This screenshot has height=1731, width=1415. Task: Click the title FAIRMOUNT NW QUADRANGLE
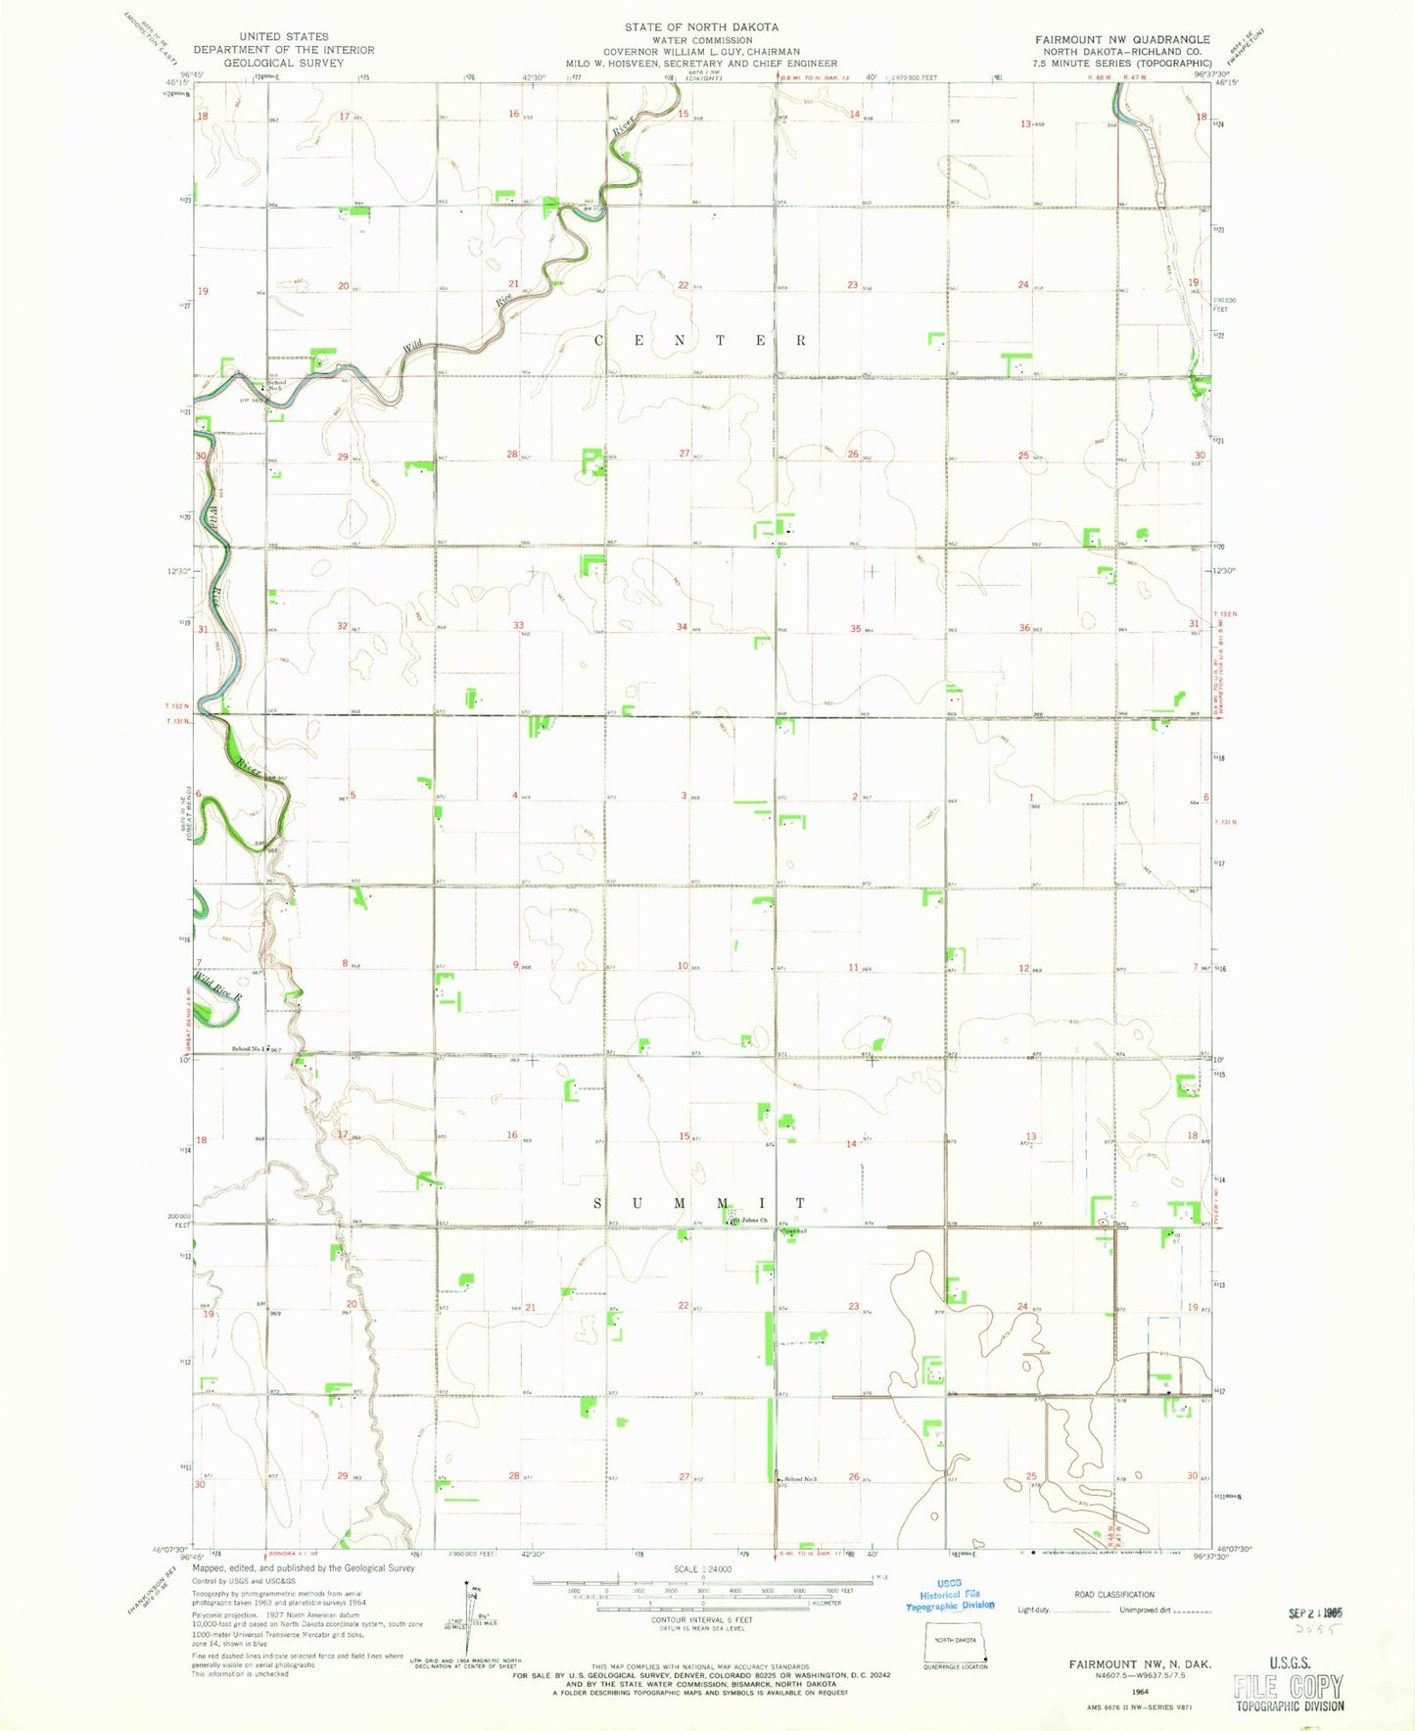click(x=1122, y=39)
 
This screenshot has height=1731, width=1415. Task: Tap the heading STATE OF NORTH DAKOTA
click(x=702, y=27)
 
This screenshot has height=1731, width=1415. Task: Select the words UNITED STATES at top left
click(x=283, y=36)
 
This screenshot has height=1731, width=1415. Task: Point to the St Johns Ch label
click(x=751, y=1220)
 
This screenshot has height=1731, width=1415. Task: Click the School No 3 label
click(x=797, y=1479)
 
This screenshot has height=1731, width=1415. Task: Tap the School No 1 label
click(x=248, y=1049)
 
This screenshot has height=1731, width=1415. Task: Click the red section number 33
click(x=519, y=625)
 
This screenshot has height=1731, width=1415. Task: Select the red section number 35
click(x=855, y=628)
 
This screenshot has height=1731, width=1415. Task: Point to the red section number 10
click(x=682, y=966)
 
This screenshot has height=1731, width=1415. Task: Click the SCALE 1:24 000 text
click(x=701, y=1569)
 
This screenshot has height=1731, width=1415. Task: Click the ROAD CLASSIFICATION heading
click(x=1114, y=1594)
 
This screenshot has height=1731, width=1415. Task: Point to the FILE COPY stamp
click(x=1288, y=1685)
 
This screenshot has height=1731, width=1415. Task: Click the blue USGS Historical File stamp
click(x=949, y=1595)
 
